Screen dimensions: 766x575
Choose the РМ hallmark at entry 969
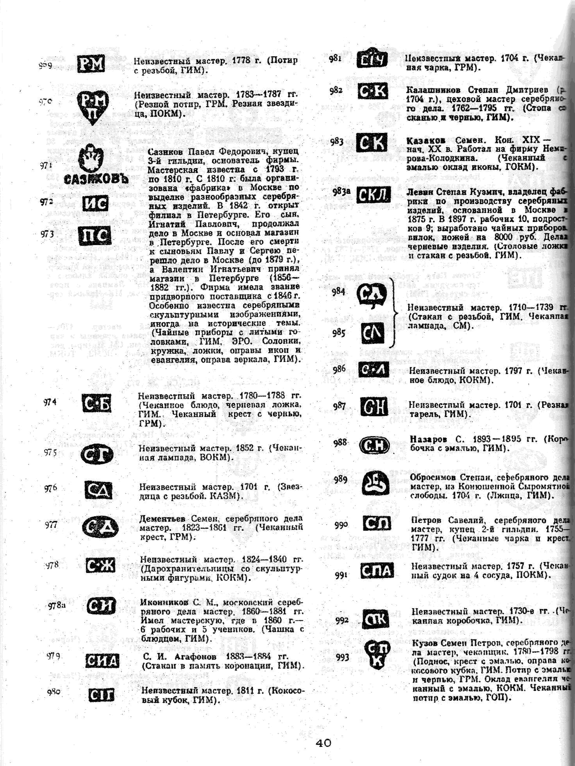91,64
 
